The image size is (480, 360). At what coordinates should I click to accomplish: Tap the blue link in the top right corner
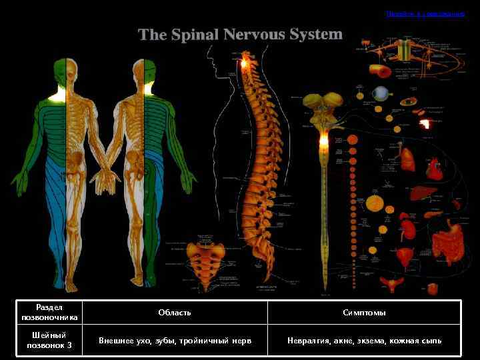(x=425, y=13)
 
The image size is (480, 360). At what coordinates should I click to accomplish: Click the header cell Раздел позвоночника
(x=50, y=312)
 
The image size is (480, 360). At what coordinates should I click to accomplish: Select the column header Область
(x=175, y=312)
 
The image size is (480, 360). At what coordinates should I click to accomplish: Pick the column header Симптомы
(x=364, y=312)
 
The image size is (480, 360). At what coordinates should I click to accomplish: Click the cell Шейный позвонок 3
(x=50, y=341)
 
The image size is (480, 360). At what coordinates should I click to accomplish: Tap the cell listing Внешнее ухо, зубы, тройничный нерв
(x=175, y=341)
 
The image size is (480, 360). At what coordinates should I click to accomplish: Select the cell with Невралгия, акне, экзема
(x=364, y=341)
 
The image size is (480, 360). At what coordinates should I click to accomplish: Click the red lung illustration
(x=407, y=157)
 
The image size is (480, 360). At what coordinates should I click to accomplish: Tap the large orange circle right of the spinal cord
(x=375, y=201)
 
